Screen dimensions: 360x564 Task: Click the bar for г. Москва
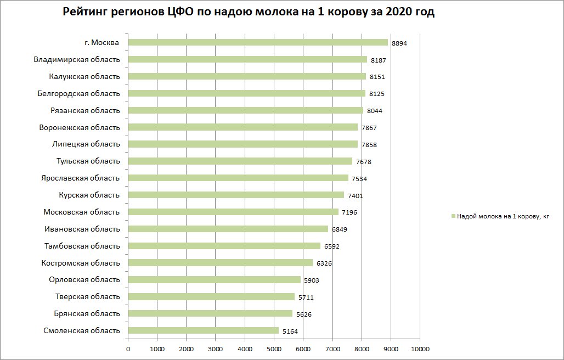pos(258,42)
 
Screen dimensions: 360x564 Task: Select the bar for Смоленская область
pos(203,330)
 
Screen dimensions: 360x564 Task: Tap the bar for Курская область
pos(236,195)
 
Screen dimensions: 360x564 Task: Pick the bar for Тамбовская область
pos(224,246)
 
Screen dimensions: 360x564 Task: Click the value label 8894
pos(399,43)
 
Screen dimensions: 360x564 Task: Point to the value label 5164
pos(290,331)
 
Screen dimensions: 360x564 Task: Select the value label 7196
pos(349,212)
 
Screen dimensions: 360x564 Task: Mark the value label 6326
pos(324,263)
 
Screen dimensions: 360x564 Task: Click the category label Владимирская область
pos(76,59)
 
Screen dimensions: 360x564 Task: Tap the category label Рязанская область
pos(84,110)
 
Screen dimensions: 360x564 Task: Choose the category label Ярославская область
pos(80,178)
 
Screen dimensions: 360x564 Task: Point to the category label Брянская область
pos(87,313)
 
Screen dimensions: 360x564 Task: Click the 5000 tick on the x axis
pos(274,348)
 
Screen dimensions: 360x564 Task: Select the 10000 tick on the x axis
pos(420,348)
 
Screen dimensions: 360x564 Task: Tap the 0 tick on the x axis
pos(128,348)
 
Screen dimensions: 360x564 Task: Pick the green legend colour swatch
pos(453,217)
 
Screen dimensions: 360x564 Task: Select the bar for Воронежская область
pos(242,127)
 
